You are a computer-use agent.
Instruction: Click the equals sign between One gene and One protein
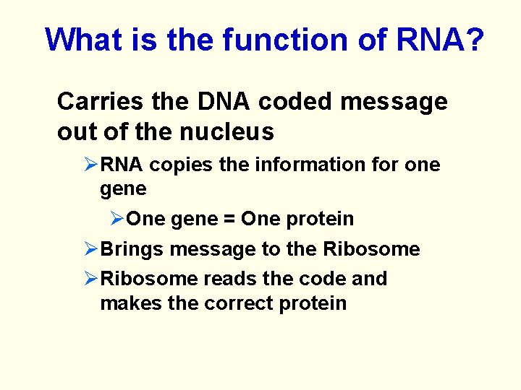227,219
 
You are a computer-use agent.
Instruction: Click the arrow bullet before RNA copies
91,165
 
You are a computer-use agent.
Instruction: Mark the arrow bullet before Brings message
91,249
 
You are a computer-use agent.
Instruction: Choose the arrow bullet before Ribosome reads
91,278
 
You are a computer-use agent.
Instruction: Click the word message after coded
394,102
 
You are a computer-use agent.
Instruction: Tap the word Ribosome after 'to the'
371,249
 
